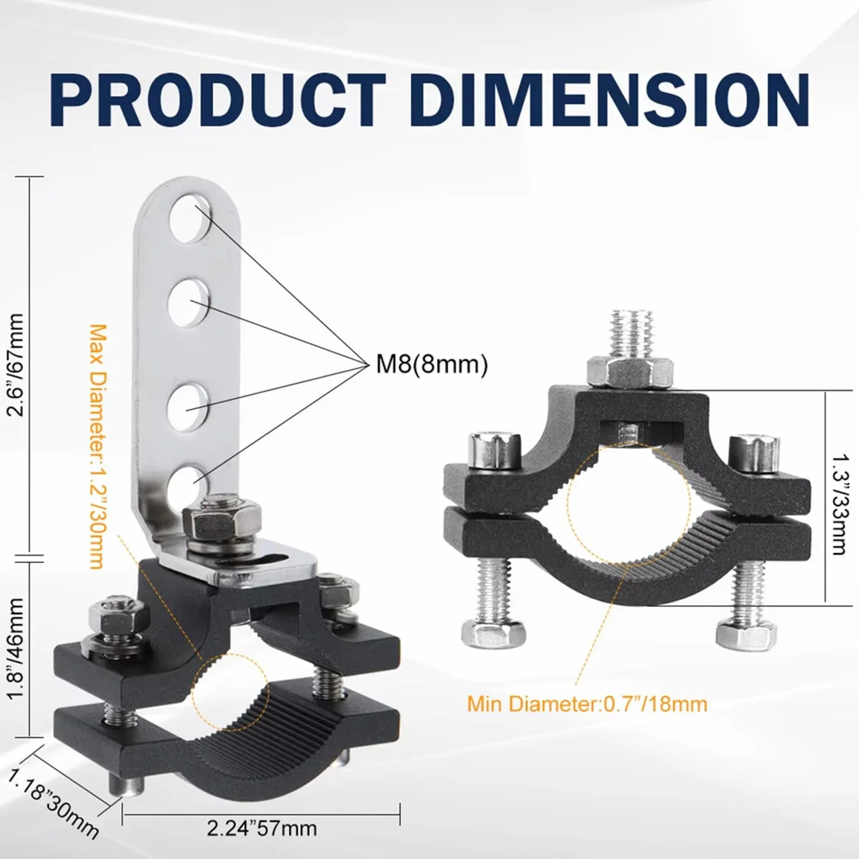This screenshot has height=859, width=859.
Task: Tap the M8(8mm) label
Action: pyautogui.click(x=431, y=364)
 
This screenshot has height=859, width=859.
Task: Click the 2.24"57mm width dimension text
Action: pyautogui.click(x=262, y=828)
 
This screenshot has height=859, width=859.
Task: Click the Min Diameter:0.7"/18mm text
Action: pyautogui.click(x=587, y=703)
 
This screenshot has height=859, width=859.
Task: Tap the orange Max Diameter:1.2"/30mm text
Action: pyautogui.click(x=98, y=446)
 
